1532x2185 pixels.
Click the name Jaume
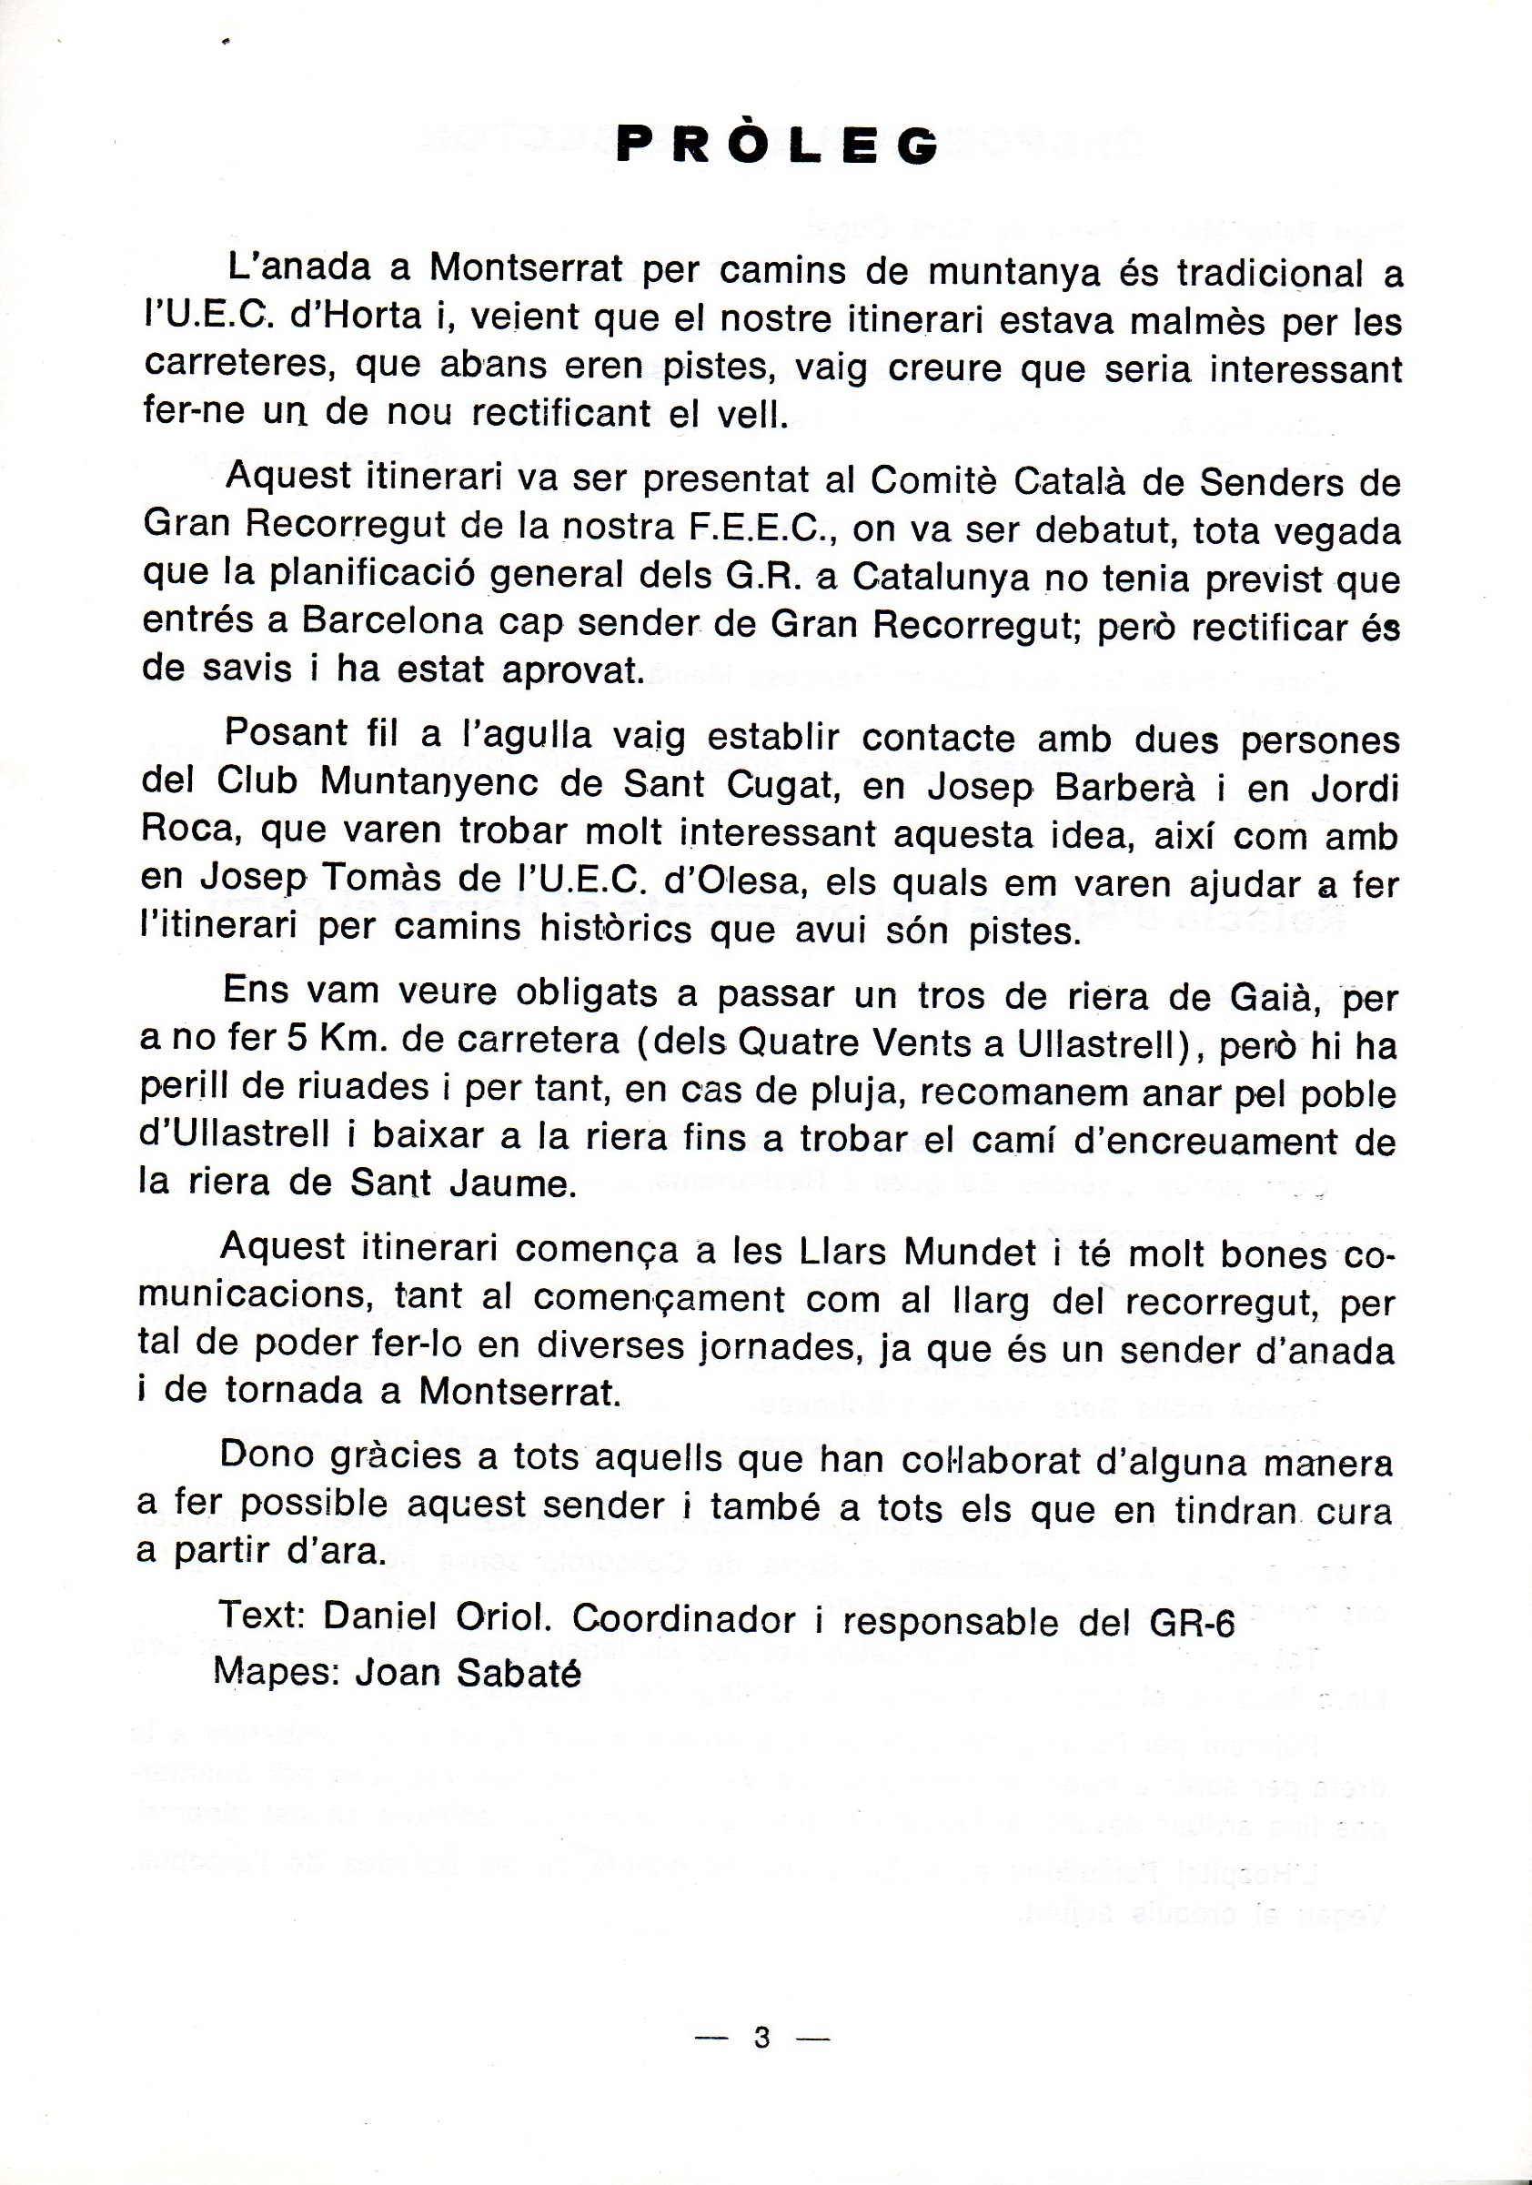pos(513,1183)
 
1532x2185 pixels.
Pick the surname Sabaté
pos(518,1672)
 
